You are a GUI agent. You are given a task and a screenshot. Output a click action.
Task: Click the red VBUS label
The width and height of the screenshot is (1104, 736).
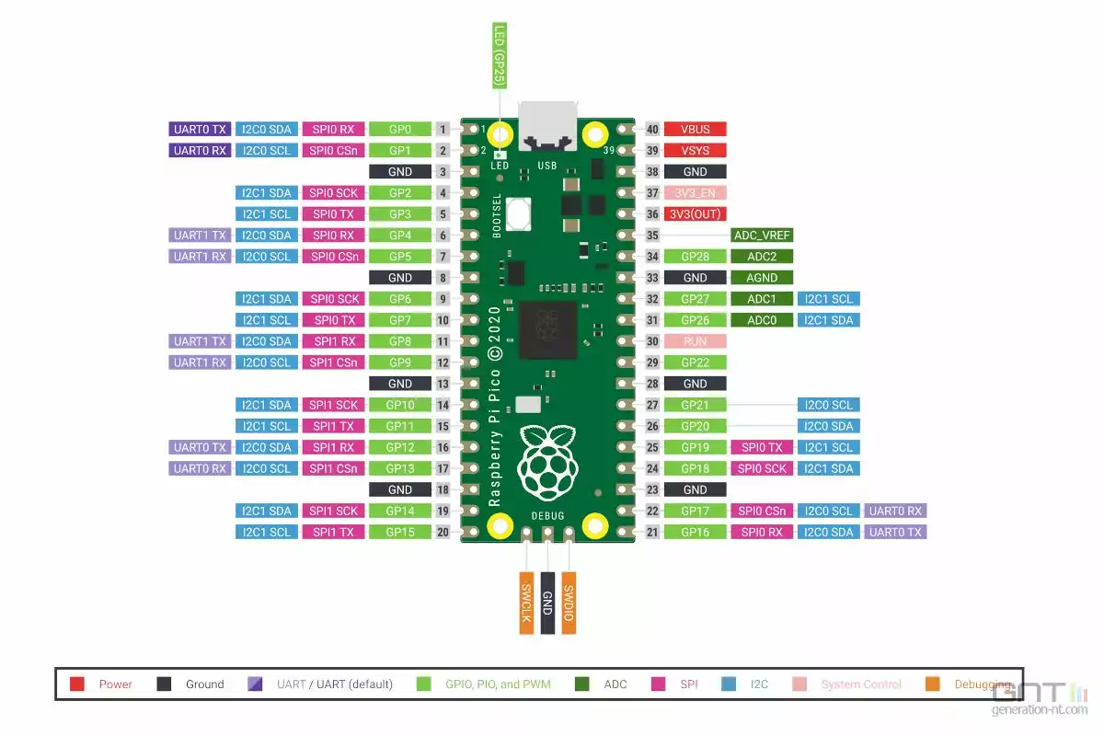695,130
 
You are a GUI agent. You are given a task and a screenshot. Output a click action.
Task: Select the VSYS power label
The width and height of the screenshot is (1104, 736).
695,150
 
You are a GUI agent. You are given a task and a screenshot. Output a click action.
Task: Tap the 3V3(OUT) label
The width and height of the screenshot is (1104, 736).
695,213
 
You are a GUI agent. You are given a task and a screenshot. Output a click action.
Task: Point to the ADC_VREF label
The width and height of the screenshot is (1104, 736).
762,236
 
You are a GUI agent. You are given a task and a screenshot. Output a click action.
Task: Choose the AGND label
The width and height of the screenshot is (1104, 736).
762,278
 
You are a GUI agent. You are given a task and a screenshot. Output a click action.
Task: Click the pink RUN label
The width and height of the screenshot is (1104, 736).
695,341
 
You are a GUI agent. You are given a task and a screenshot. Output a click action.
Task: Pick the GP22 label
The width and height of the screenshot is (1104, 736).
695,362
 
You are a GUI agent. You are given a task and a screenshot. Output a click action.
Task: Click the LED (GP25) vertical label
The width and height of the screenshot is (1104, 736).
500,55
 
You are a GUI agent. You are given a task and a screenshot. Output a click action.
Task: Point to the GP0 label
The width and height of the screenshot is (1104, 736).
400,130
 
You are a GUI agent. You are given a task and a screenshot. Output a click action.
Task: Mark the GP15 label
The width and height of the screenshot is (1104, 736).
400,532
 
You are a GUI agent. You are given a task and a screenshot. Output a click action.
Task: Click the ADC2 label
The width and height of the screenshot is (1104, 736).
762,257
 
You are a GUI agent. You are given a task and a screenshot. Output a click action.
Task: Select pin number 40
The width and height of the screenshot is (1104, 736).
653,130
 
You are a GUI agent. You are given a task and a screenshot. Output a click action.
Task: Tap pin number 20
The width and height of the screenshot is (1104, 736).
443,532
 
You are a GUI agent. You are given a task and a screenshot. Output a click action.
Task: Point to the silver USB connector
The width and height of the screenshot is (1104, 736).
548,127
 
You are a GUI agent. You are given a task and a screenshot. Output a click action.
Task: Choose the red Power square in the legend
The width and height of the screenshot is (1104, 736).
77,684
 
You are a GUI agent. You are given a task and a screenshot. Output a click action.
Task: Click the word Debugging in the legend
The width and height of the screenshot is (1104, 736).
983,684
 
